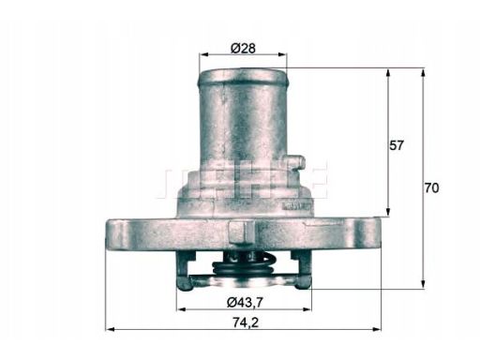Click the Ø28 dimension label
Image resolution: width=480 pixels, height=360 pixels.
point(243,48)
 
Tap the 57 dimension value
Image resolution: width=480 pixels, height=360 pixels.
point(397,145)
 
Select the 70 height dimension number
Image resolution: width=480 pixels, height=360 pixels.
point(431,188)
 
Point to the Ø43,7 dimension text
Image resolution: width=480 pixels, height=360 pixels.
point(246,302)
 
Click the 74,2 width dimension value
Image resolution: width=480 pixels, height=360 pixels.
point(246,322)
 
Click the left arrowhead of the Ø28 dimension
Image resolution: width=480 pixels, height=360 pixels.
point(203,54)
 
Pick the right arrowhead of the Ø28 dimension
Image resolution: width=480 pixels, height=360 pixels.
point(282,54)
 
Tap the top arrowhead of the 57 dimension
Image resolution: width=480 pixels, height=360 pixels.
point(388,73)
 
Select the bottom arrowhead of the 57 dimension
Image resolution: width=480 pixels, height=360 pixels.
point(388,212)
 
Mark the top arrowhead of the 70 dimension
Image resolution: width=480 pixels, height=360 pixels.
point(423,73)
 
